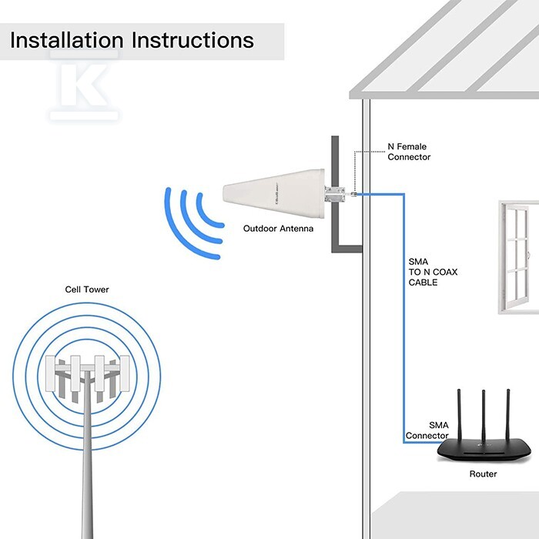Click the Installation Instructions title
pyautogui.click(x=132, y=40)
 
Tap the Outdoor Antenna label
pyautogui.click(x=278, y=229)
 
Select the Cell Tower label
pyautogui.click(x=87, y=290)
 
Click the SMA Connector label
pyautogui.click(x=427, y=430)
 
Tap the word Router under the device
pyautogui.click(x=484, y=474)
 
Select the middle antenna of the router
pyautogui.click(x=484, y=416)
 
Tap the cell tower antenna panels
pyautogui.click(x=86, y=377)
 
